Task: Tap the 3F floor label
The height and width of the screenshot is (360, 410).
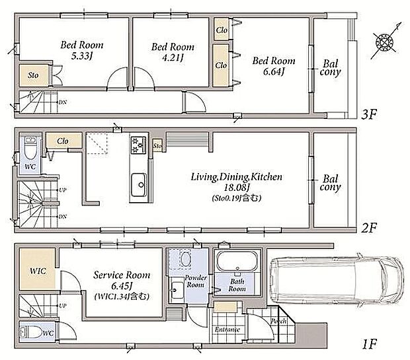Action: click(369, 114)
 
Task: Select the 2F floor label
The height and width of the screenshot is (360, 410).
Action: click(369, 229)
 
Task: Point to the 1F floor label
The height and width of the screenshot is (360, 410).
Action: click(369, 344)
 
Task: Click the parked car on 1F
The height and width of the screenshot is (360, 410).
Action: click(335, 280)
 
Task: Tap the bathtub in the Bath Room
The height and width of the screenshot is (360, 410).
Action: click(237, 262)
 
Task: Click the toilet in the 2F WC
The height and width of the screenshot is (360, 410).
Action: click(30, 148)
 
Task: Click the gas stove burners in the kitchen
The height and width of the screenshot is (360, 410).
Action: click(138, 145)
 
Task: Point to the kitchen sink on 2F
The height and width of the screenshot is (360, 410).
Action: click(139, 185)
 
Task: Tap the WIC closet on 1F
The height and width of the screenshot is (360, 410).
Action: click(38, 269)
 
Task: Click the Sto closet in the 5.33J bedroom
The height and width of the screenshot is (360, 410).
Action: click(34, 75)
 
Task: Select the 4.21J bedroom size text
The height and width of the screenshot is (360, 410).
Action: click(173, 57)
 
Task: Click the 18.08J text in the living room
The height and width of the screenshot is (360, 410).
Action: click(237, 188)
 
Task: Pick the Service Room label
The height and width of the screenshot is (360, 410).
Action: click(122, 275)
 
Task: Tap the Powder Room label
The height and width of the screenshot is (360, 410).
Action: click(196, 281)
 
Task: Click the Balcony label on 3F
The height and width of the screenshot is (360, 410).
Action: click(330, 68)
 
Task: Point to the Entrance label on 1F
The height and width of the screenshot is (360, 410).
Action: click(227, 330)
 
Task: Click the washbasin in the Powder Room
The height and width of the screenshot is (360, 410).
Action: click(177, 290)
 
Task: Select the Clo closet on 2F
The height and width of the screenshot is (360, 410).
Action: click(63, 141)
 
